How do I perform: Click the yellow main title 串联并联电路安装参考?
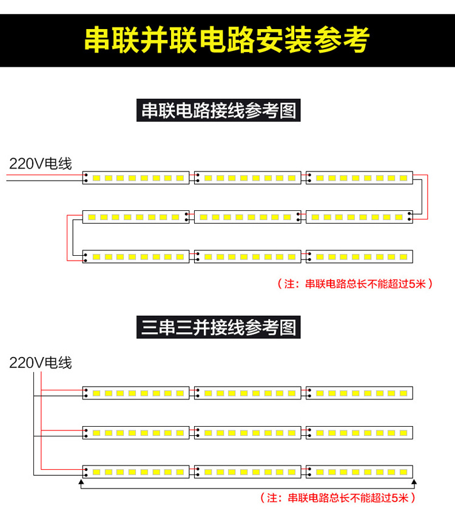[x=227, y=41]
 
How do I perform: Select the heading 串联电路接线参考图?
[x=218, y=112]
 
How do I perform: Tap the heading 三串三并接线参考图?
[x=218, y=328]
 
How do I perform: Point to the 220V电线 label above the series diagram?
[x=40, y=164]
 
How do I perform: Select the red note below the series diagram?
[x=355, y=283]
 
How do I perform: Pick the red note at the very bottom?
[x=338, y=498]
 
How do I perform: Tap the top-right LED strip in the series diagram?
[x=359, y=178]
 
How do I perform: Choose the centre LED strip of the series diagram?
[x=247, y=217]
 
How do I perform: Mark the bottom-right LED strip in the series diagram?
[x=359, y=256]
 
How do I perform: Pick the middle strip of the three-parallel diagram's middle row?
[x=247, y=432]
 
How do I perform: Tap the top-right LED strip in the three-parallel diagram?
[x=359, y=393]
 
